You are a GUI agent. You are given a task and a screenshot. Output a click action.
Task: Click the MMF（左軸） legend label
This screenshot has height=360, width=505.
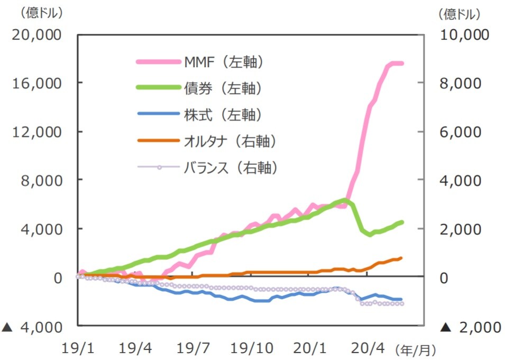click(x=223, y=62)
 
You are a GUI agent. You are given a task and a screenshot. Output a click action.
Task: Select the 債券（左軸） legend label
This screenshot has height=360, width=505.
click(x=223, y=88)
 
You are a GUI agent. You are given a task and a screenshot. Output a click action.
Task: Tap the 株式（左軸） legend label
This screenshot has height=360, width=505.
click(x=223, y=115)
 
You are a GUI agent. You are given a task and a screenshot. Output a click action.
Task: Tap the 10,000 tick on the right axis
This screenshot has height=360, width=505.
click(x=465, y=35)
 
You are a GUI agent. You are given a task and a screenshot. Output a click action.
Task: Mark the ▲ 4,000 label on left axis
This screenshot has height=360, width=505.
click(x=32, y=327)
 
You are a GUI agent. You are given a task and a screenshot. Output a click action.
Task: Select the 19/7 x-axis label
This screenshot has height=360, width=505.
click(x=194, y=349)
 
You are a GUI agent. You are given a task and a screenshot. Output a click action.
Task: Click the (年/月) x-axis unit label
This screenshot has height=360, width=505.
click(x=416, y=349)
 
